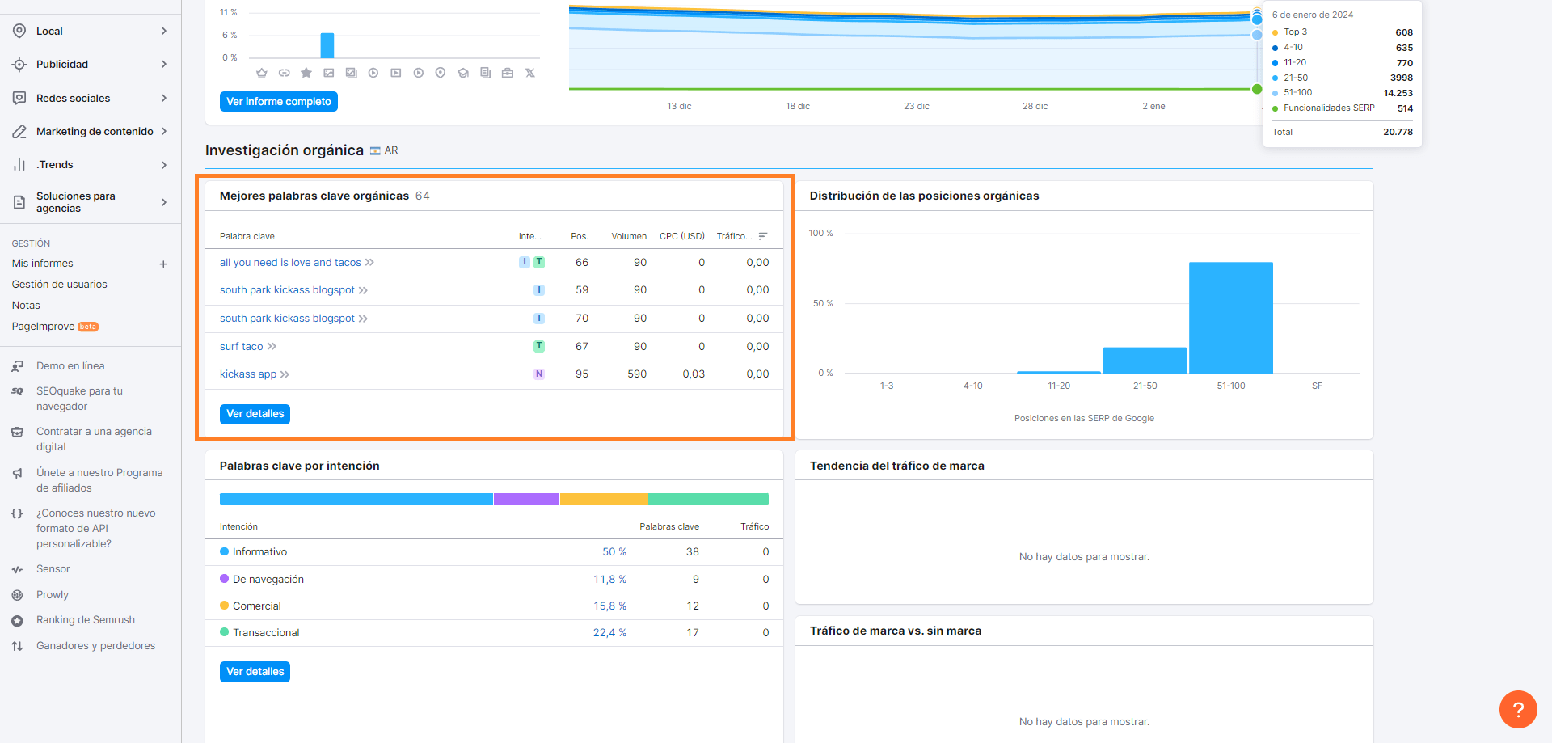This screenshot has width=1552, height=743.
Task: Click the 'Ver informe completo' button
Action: click(278, 102)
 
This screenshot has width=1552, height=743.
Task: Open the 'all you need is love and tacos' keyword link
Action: click(290, 263)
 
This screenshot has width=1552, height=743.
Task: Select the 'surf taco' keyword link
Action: click(241, 347)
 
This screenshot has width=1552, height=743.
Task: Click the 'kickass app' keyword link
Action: click(248, 374)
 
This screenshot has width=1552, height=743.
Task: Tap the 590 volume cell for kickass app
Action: click(637, 374)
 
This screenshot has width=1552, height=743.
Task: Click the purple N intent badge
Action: click(539, 374)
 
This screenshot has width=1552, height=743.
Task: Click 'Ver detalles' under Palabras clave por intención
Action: click(255, 672)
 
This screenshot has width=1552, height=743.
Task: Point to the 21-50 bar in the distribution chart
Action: click(1145, 361)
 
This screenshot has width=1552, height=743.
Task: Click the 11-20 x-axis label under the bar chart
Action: click(1058, 386)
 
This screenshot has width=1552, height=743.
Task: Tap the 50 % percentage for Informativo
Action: click(614, 552)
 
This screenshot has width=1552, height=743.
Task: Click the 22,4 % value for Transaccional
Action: click(609, 633)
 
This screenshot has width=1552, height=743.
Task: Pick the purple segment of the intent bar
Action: click(526, 500)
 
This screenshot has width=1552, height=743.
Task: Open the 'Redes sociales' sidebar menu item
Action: click(73, 99)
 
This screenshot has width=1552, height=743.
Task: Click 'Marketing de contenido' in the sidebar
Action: click(95, 132)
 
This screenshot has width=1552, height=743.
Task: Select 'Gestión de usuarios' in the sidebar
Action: click(60, 285)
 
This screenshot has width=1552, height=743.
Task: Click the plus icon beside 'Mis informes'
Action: click(163, 264)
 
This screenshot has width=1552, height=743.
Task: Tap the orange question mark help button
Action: click(1518, 710)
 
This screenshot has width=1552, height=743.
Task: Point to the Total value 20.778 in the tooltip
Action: click(1398, 133)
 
